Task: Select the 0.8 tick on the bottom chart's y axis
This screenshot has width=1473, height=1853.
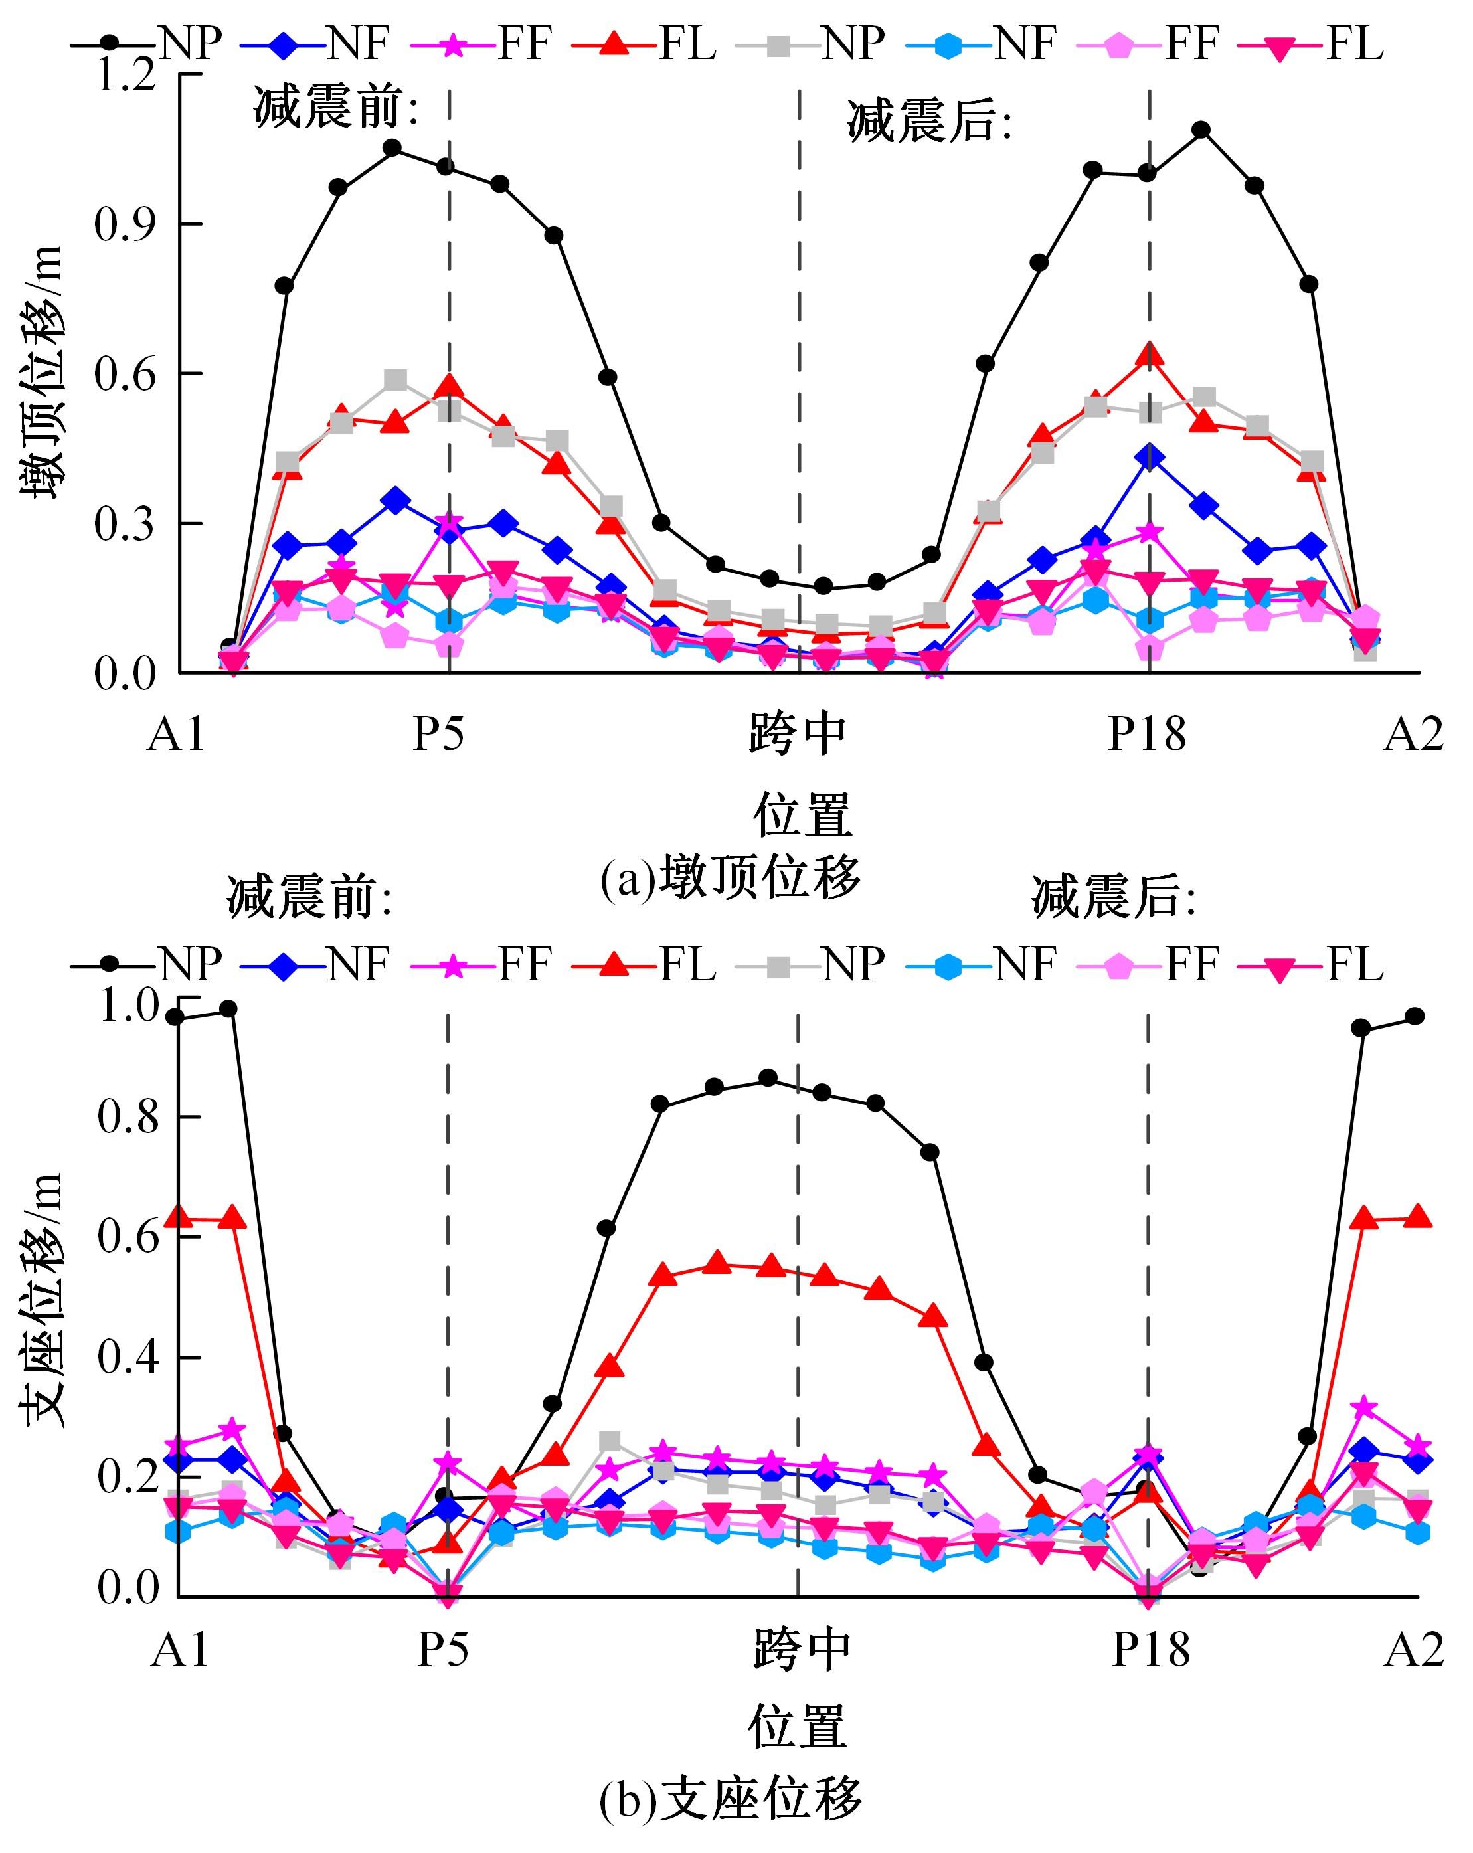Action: coord(129,1117)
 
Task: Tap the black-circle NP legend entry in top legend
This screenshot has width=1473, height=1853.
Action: coord(146,41)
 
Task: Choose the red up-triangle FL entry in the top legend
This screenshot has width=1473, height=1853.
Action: coord(646,41)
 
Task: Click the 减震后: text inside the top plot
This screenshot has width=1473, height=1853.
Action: coord(930,122)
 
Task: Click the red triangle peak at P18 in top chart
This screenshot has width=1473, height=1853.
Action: coord(1149,354)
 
